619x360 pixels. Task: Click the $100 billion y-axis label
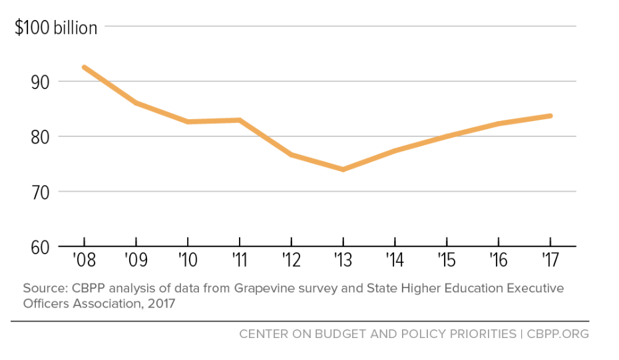point(57,27)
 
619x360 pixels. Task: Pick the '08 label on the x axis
point(84,260)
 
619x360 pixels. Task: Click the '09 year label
point(136,260)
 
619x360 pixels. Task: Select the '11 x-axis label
point(239,260)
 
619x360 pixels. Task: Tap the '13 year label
point(342,260)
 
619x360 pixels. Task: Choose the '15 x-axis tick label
point(447,260)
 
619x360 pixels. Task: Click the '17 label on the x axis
point(550,260)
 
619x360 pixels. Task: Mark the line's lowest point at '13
point(343,169)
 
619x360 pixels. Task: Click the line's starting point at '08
point(85,67)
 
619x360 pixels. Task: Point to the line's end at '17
point(550,116)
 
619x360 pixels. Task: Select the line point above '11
point(240,120)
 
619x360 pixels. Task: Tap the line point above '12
point(291,154)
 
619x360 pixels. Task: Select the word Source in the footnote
point(42,289)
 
